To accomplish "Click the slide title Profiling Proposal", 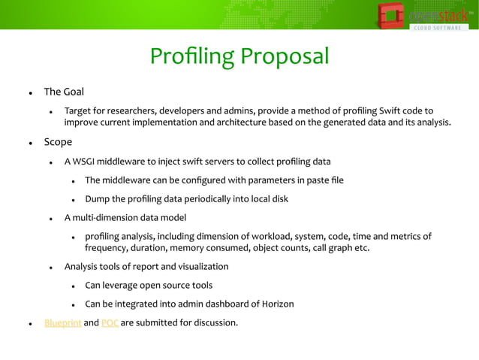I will pos(239,57).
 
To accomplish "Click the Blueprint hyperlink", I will pos(62,324).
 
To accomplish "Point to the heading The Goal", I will pos(64,92).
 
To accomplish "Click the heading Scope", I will pos(58,141).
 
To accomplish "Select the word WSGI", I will pos(88,161).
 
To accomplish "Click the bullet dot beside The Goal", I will pos(30,93).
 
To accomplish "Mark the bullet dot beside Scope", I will pos(30,142).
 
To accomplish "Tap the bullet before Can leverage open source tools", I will pos(73,286).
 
